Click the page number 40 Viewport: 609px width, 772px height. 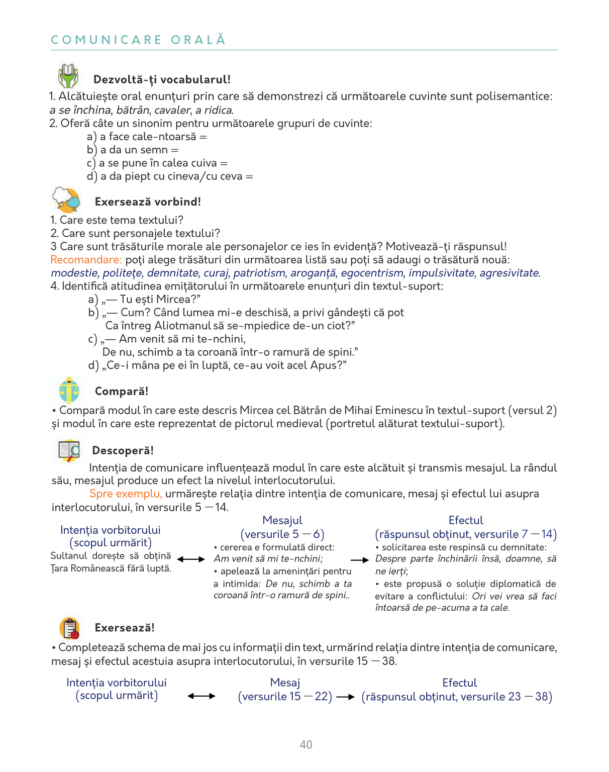306,744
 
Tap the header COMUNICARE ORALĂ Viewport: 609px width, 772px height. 138,40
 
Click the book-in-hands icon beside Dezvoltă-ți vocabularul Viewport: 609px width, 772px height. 68,76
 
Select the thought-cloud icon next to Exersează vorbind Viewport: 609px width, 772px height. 67,200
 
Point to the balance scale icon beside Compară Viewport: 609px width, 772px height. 69,390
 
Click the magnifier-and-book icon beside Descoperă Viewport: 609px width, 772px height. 69,450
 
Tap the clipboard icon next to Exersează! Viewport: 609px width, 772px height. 70,628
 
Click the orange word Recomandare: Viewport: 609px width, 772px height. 86,260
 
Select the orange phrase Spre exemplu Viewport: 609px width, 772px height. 126,494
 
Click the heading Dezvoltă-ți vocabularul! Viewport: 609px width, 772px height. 162,79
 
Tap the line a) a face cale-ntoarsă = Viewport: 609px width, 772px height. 147,137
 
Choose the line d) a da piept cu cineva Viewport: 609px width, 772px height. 170,176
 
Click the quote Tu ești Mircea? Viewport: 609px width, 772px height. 151,300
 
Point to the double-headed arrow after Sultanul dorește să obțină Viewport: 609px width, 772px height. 191,559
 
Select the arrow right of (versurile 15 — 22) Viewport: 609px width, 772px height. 346,697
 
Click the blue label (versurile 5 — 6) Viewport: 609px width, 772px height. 282,534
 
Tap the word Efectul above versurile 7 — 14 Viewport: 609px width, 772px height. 466,520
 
